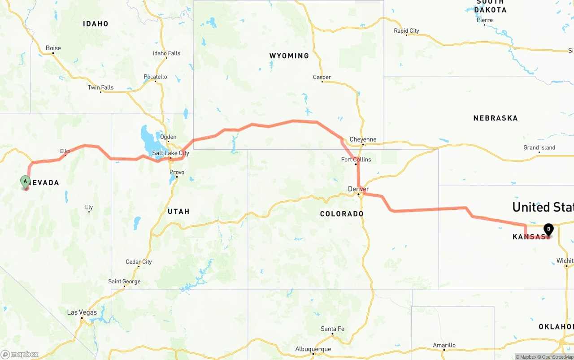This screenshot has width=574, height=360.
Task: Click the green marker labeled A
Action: [25, 182]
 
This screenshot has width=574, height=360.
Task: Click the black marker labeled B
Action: [548, 229]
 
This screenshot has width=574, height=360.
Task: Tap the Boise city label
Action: [53, 48]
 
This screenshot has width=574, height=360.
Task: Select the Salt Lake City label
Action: [170, 153]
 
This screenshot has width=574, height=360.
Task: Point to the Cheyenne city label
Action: [363, 139]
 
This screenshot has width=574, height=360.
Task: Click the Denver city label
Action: [358, 189]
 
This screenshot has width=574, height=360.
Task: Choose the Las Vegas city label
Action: [82, 312]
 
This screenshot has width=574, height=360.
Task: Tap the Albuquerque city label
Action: [313, 349]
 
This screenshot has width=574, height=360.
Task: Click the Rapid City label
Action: [406, 31]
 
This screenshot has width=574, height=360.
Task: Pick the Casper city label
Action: [322, 78]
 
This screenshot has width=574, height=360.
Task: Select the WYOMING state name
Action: [289, 56]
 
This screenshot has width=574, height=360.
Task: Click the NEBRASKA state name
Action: [496, 118]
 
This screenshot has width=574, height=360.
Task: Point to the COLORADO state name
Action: [342, 214]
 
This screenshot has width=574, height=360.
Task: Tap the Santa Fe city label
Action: [332, 329]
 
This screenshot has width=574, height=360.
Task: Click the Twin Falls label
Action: [100, 87]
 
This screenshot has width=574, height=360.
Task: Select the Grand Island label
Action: [539, 148]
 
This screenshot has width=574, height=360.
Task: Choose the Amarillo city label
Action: [444, 345]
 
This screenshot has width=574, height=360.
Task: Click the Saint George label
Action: [124, 282]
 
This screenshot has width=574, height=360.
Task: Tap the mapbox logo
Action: [20, 354]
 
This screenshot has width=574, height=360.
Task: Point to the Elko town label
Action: [65, 152]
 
